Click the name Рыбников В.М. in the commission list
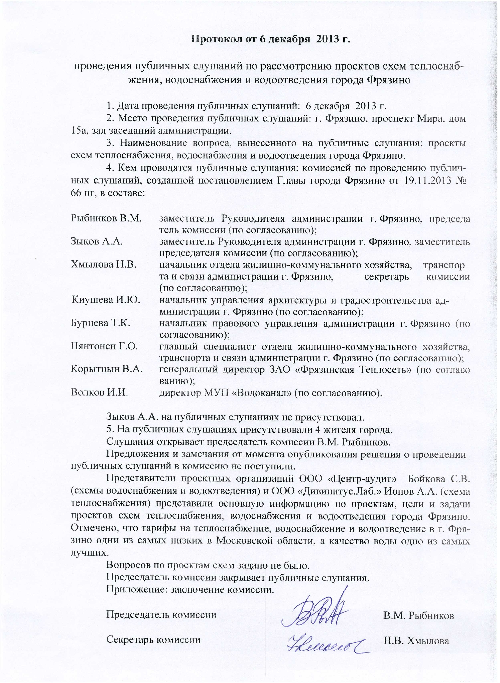tap(106, 219)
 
